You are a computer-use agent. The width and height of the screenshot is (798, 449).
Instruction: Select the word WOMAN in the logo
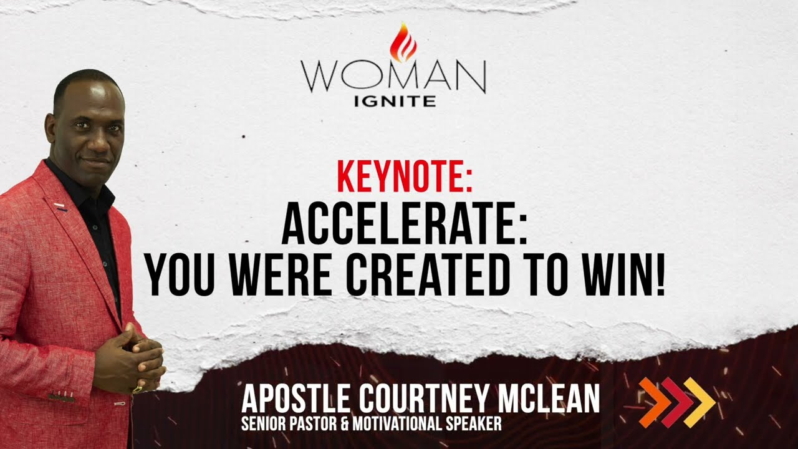(x=393, y=77)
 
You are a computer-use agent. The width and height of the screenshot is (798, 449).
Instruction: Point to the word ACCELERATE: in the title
(x=405, y=225)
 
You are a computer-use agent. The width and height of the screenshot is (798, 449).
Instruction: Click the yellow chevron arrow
(x=699, y=402)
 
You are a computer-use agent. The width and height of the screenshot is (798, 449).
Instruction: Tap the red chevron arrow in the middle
(x=677, y=402)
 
